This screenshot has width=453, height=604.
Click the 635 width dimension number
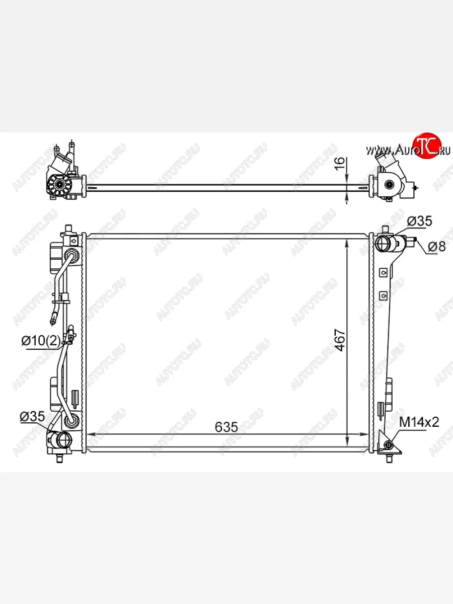coord(226,427)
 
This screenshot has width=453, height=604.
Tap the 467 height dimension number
coord(341,340)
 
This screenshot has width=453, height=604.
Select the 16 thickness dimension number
coord(340,164)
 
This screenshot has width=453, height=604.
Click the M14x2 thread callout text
coord(419,422)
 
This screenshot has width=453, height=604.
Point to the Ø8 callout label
coord(437,246)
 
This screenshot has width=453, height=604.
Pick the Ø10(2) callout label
coord(41,341)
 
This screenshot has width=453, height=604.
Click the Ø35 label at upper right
coord(419,221)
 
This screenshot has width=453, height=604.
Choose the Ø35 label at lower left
coord(32,416)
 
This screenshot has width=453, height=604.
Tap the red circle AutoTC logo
coord(427,146)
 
